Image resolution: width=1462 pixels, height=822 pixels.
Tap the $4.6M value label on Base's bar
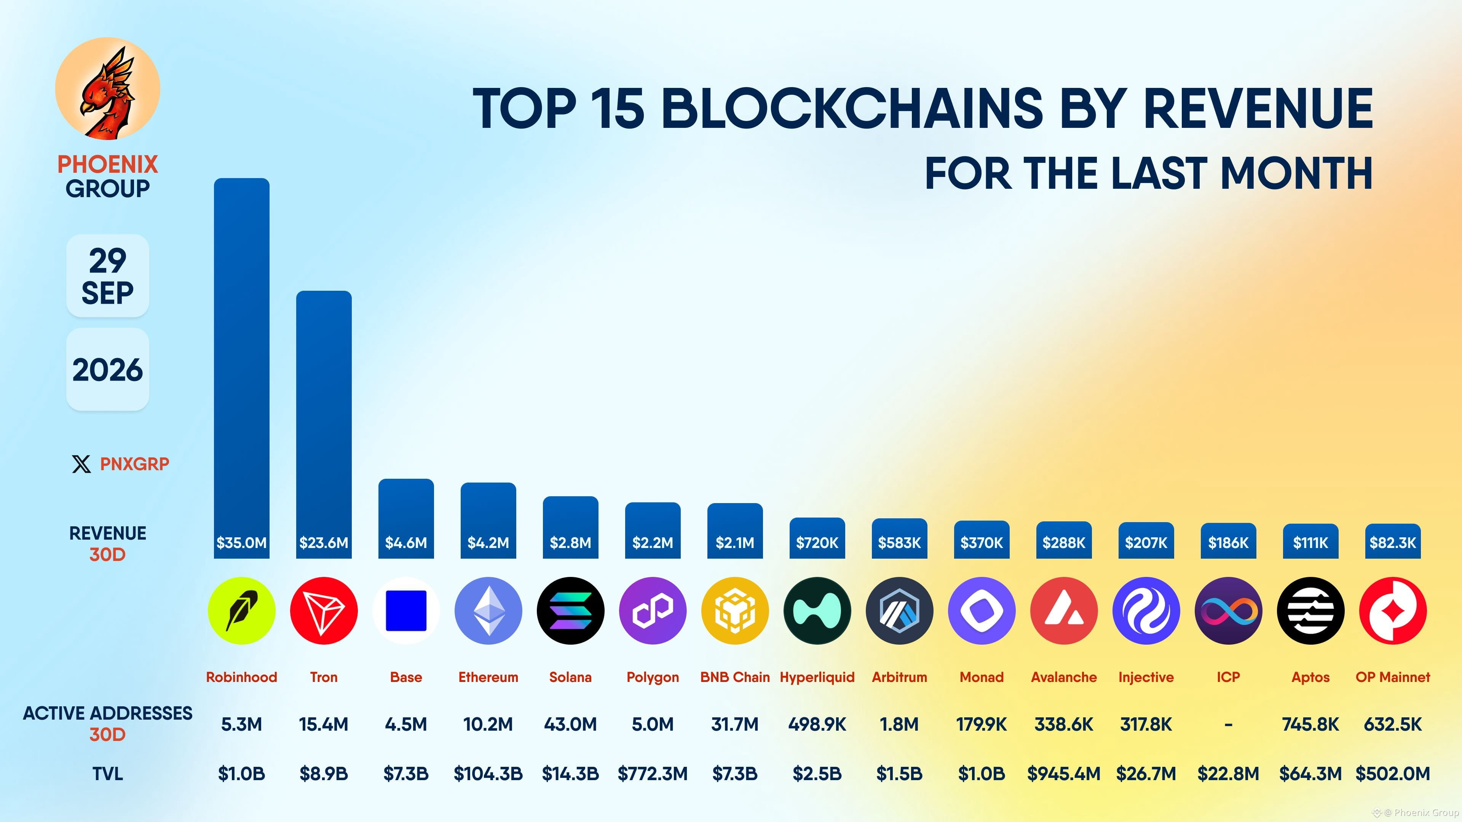(x=406, y=543)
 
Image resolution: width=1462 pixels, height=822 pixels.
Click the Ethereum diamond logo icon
(x=488, y=611)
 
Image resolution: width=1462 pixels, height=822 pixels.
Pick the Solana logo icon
(x=570, y=611)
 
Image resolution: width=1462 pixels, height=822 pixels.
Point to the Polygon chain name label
(x=653, y=677)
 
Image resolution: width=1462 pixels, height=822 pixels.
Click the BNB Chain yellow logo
(x=735, y=611)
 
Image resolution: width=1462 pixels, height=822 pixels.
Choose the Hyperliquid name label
(x=817, y=677)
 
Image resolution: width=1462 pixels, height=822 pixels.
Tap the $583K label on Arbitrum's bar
(x=900, y=543)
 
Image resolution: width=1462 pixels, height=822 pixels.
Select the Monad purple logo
(x=982, y=611)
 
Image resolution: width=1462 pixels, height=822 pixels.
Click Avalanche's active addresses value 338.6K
(x=1064, y=725)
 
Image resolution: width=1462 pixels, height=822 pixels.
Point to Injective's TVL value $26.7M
(x=1146, y=774)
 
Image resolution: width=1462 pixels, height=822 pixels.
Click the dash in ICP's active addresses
(x=1228, y=725)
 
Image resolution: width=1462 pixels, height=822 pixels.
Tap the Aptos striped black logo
(x=1310, y=611)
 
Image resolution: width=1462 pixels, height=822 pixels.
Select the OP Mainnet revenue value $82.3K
(x=1393, y=543)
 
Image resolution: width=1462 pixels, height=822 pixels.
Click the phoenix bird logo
(x=108, y=89)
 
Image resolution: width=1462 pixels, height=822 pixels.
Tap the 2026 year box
(x=108, y=369)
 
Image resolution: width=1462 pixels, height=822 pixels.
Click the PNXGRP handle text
(x=134, y=464)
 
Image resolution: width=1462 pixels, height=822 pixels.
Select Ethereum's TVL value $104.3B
(x=488, y=774)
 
